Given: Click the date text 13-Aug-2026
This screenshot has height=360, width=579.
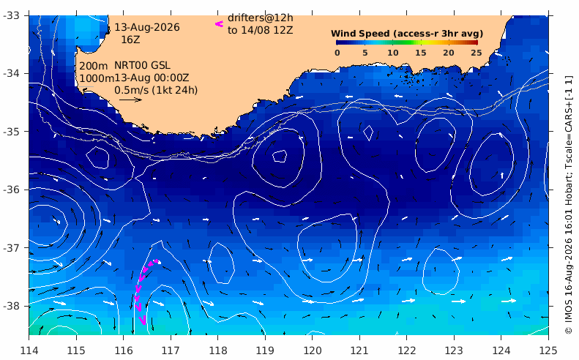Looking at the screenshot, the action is pos(147,27).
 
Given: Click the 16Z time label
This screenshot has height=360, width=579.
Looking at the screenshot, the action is pos(131,40).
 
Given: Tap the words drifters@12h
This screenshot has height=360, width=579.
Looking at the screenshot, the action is pos(261,18).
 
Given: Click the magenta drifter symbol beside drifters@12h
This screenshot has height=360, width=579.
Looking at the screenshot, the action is pos(220,24).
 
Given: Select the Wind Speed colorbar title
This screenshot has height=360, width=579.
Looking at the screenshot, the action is pos(407,34).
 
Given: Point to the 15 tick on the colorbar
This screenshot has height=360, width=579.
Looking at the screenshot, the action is pos(421,53).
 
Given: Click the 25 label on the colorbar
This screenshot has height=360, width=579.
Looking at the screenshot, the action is pos(477,53).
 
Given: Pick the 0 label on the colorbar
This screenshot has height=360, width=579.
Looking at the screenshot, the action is pos(337,53).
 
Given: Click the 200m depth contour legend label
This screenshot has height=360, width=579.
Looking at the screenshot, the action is pos(94,66).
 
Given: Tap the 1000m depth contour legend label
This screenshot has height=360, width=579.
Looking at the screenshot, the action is pos(97,78).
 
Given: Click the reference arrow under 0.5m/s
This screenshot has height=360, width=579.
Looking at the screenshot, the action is pos(130,100).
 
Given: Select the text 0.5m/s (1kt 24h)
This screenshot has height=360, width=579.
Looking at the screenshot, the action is pos(156,90).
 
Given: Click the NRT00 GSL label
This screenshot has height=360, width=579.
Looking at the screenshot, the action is pos(142,65).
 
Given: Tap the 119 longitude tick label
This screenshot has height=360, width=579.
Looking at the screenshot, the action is pos(265,350).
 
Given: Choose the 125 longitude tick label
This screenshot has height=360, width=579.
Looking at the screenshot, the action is pos(548,350).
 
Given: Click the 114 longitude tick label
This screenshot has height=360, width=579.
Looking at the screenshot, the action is pos(29,350).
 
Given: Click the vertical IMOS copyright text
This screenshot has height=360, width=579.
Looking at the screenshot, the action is pos(568,205).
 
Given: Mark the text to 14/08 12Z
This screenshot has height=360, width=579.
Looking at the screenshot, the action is pos(261,30).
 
